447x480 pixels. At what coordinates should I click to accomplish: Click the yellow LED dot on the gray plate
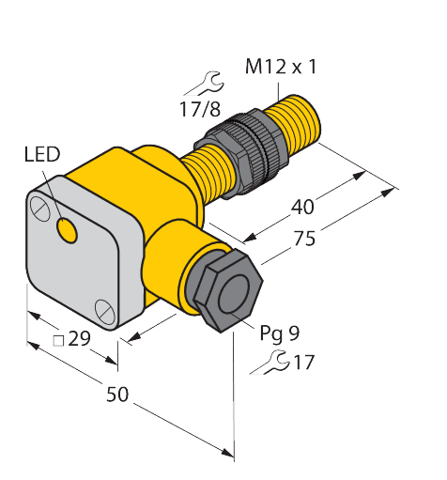pyautogui.click(x=68, y=228)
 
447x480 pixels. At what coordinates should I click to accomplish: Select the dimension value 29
pyautogui.click(x=80, y=340)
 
